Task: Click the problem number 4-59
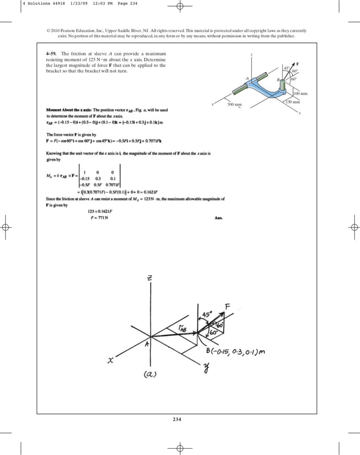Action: coord(52,54)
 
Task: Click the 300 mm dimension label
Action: coord(234,105)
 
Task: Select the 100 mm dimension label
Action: coord(300,93)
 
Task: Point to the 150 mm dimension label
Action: coord(292,102)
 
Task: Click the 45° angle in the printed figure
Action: coord(287,69)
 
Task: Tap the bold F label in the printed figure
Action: coord(297,64)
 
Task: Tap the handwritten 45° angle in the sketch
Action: coord(207,313)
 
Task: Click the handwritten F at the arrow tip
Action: coord(227,306)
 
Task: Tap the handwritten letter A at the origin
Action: coord(147,346)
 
